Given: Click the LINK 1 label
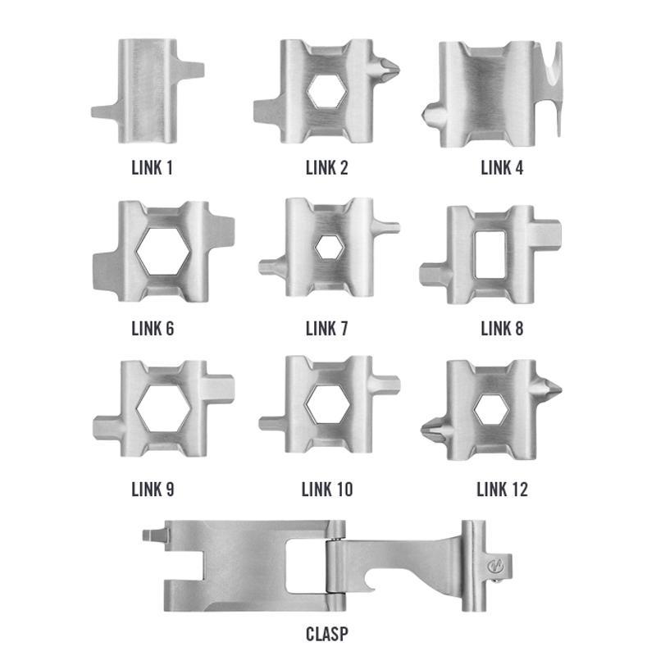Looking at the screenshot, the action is pyautogui.click(x=152, y=168).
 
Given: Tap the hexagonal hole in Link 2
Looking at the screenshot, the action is pyautogui.click(x=327, y=91).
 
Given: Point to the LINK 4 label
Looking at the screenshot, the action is pyautogui.click(x=502, y=168).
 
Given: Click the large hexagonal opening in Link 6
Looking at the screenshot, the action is pyautogui.click(x=162, y=252).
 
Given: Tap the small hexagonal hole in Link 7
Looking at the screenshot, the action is pyautogui.click(x=329, y=248).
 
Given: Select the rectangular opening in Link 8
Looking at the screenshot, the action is pyautogui.click(x=490, y=254).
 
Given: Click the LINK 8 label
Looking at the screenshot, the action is pyautogui.click(x=502, y=329).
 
